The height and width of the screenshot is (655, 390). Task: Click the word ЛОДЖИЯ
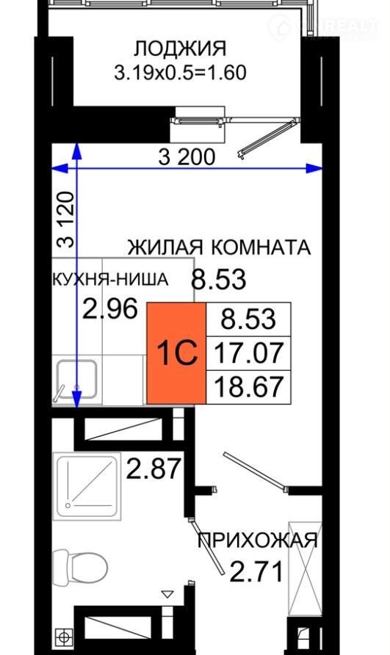[180, 49]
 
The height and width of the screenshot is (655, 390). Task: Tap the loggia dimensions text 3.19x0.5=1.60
[180, 73]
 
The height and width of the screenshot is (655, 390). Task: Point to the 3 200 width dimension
[187, 157]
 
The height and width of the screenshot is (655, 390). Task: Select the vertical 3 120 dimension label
[65, 220]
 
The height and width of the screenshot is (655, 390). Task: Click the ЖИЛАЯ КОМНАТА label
[219, 247]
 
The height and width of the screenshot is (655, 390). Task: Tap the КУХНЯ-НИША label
[110, 279]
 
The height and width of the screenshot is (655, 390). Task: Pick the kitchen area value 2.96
[110, 309]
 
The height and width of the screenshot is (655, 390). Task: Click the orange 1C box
[176, 353]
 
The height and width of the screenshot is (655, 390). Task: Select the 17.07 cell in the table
[249, 352]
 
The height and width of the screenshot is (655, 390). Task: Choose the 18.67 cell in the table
[249, 387]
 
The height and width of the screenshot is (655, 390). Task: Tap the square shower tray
[87, 487]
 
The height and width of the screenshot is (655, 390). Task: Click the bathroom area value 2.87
[154, 468]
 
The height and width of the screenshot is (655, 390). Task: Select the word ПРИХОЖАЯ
[258, 540]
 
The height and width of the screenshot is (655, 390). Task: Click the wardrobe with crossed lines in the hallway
[306, 568]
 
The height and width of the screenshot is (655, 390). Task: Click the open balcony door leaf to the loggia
[267, 139]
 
